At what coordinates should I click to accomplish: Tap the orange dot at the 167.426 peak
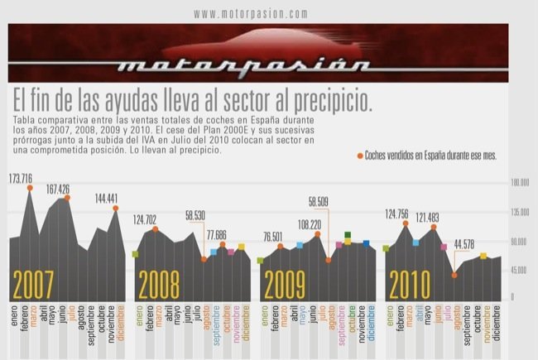[x=68, y=197]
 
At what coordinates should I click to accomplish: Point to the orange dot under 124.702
[x=156, y=228]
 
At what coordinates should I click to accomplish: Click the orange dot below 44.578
[x=454, y=275]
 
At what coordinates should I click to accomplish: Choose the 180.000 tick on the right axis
[x=520, y=183]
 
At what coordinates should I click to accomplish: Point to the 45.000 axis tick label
[x=520, y=271]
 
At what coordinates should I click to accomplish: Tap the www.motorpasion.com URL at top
[x=252, y=14]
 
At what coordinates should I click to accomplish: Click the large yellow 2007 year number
[x=34, y=284]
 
